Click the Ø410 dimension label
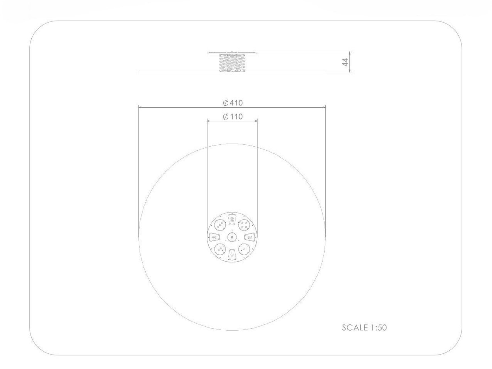tap(233, 103)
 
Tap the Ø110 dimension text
tap(233, 116)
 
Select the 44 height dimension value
tap(345, 62)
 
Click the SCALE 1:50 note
tap(364, 327)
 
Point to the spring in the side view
tap(232, 63)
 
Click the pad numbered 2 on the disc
tap(232, 220)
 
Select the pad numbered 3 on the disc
tap(250, 237)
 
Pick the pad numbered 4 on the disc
tap(232, 254)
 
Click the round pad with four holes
tap(244, 225)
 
